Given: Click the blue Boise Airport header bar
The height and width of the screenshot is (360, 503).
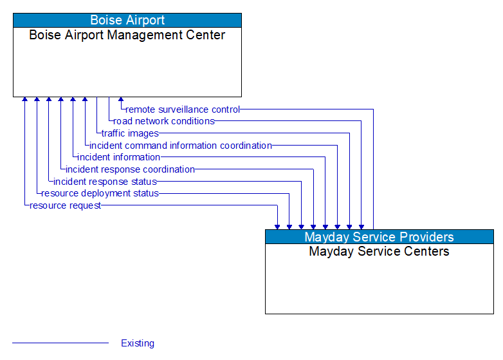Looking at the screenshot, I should point(127,20).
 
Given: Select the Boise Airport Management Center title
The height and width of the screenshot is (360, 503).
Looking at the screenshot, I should point(127,35).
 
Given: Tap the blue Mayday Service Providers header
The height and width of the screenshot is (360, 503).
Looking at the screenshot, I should point(379,237).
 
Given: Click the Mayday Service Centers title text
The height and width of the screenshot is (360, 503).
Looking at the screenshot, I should point(379,251).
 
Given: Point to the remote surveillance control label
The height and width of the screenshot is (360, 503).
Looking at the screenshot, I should point(183,109).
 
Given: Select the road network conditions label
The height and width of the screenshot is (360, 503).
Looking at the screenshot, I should point(164,121).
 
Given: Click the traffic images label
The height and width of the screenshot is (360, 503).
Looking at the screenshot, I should point(130,133).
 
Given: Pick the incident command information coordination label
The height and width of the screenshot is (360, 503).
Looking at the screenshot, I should point(181,146).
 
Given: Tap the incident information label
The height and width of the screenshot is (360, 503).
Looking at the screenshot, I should point(119,157).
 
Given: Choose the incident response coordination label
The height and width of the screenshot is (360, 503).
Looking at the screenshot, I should point(130,169).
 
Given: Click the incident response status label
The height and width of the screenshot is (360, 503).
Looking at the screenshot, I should point(105,182).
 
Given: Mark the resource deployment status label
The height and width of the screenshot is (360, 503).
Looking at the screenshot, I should point(100,193).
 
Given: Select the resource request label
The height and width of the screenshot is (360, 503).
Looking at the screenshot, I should point(65,205).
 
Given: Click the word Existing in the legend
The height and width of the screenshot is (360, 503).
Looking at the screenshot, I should point(138,343).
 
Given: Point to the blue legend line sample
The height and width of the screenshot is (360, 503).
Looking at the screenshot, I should point(60,343).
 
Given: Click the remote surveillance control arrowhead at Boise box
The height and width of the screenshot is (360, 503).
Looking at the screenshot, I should point(121,100).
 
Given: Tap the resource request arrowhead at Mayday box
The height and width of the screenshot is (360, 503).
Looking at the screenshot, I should point(277,227).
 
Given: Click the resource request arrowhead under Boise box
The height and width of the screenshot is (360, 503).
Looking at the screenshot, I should point(24,100).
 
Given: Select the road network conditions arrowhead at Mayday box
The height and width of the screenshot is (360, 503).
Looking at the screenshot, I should point(361,227).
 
